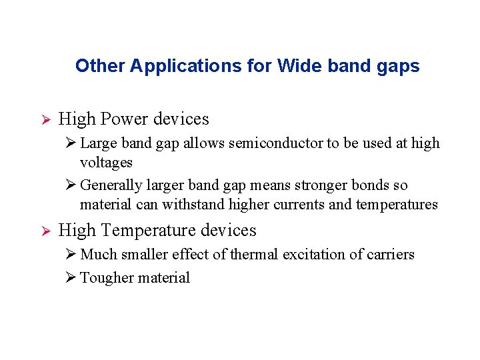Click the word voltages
point(106,163)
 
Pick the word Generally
point(111,185)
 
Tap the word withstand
point(194,205)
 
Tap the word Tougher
point(107,278)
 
